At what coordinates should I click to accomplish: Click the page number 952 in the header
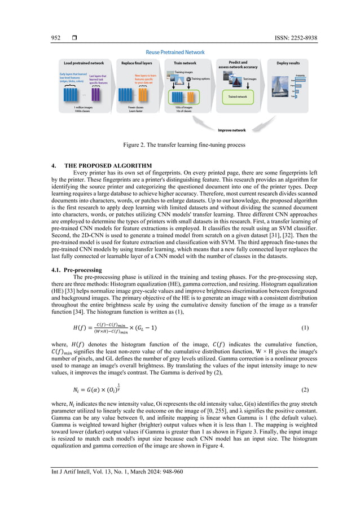(x=55, y=38)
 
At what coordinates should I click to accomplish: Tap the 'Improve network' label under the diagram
(x=231, y=130)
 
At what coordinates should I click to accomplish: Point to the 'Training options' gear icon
(x=188, y=80)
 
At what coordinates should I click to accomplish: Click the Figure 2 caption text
(x=179, y=146)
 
